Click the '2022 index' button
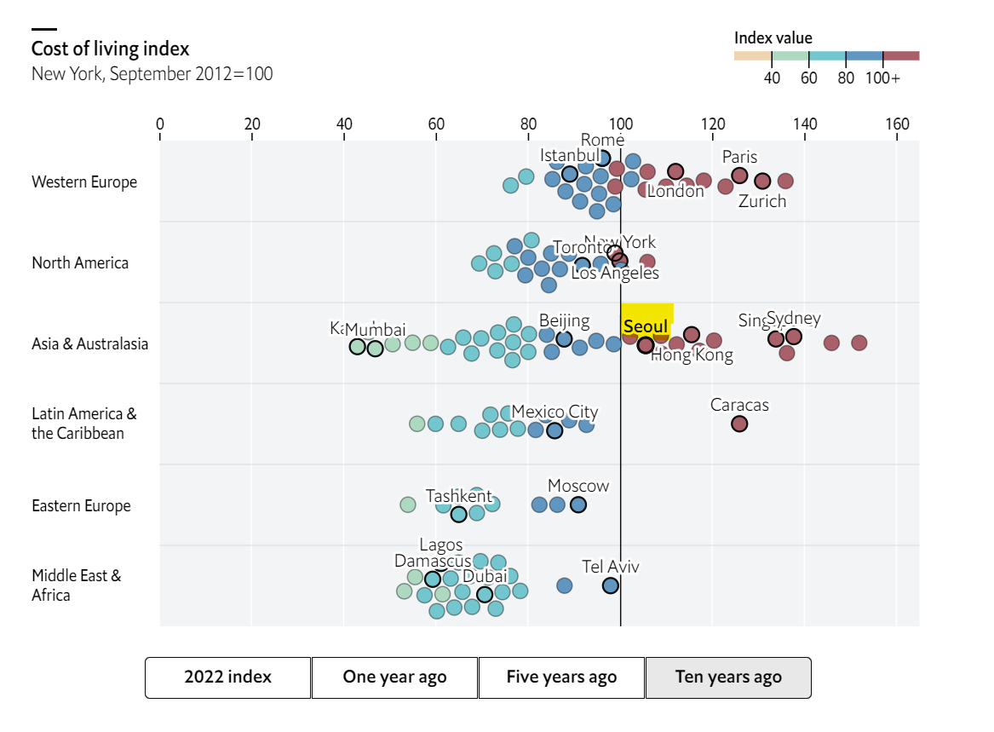click(x=227, y=677)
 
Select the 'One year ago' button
click(x=394, y=677)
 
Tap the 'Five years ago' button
click(x=561, y=677)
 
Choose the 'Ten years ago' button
click(x=728, y=677)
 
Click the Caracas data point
click(x=739, y=424)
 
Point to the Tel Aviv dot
click(x=611, y=585)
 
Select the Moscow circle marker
click(x=578, y=504)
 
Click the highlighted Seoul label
click(x=646, y=327)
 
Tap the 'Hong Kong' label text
click(x=692, y=355)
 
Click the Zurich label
click(x=762, y=202)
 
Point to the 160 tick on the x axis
click(x=897, y=124)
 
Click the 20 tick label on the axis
click(x=252, y=124)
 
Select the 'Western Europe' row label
click(x=84, y=182)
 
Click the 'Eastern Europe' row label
click(x=81, y=506)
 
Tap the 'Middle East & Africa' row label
click(x=77, y=585)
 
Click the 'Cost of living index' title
click(x=111, y=49)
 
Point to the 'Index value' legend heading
click(x=773, y=38)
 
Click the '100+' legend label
click(x=883, y=78)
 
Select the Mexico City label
click(x=554, y=412)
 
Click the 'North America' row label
click(x=80, y=263)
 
